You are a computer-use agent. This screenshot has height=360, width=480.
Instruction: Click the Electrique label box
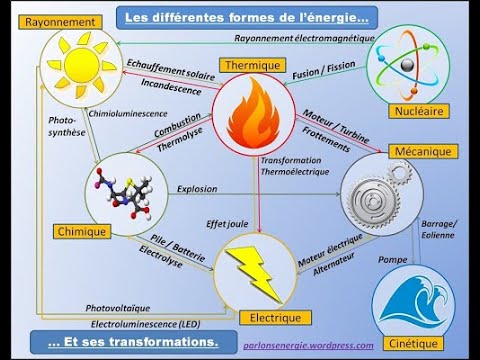[x=269, y=318]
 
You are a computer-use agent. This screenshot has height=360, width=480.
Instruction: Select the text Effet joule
[x=227, y=226]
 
